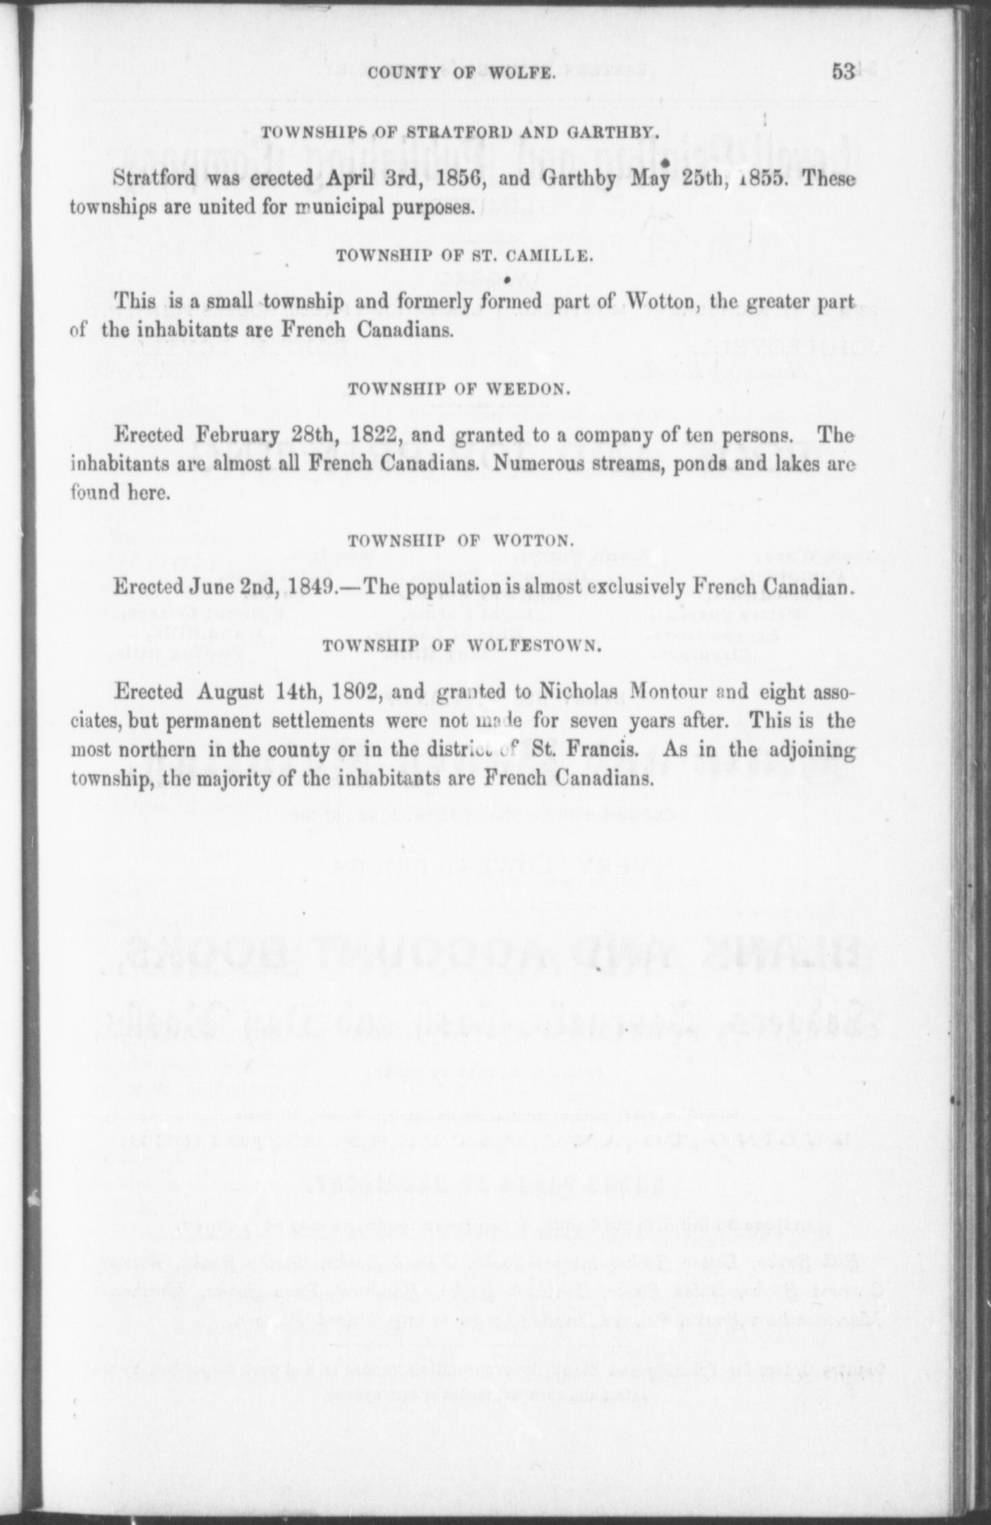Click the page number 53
(x=843, y=72)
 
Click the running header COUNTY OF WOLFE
(x=462, y=74)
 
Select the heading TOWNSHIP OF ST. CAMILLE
(x=462, y=256)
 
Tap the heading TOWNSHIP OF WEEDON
(x=456, y=389)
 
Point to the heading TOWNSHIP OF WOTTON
(x=459, y=541)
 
